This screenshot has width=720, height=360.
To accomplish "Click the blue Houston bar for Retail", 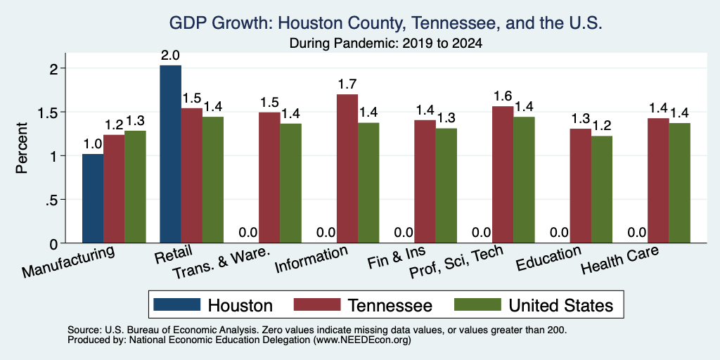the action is (170, 154).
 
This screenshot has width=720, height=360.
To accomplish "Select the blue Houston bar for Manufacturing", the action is (93, 198).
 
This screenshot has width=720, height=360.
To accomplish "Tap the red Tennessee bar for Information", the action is (347, 169).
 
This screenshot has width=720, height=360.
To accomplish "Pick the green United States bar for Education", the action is (602, 190).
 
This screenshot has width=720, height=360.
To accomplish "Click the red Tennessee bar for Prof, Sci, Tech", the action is (503, 174).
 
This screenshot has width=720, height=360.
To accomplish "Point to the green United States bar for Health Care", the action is (680, 184).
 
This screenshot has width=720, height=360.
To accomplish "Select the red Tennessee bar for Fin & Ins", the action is (425, 181).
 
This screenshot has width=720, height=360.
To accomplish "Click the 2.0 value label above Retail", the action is (170, 56).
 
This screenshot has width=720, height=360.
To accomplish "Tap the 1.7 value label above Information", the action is (347, 84).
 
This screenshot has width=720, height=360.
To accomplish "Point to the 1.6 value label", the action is (503, 96).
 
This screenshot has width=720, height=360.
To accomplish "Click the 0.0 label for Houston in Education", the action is (559, 233).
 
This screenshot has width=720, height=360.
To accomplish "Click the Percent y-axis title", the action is (22, 148).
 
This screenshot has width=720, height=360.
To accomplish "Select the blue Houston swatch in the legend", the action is (176, 304).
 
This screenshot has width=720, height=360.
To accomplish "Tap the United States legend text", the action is (560, 305).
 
